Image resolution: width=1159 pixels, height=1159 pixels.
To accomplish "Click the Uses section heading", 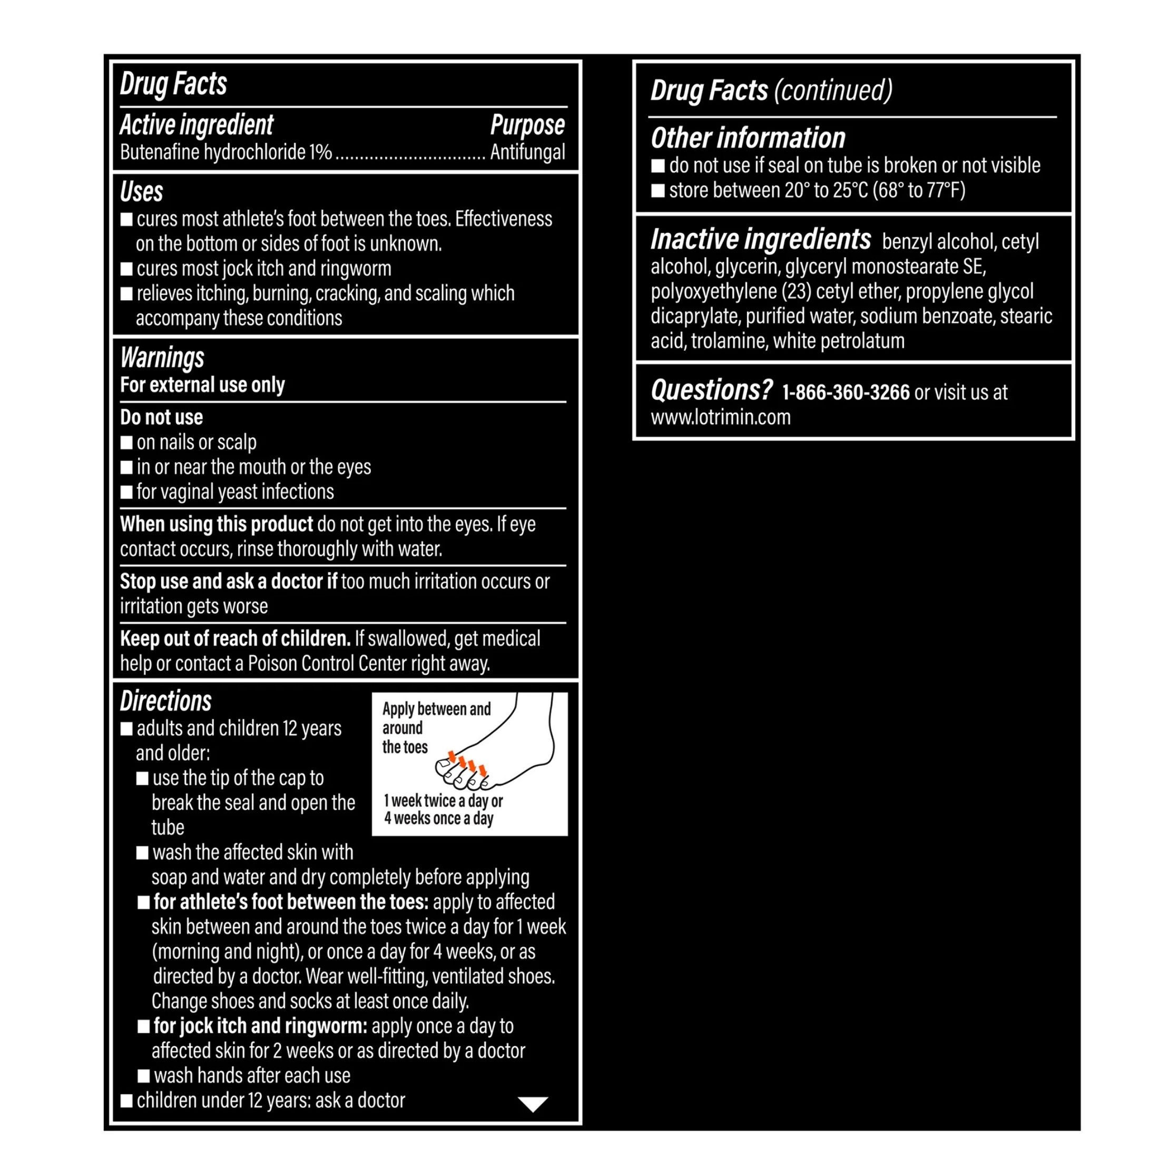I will (x=142, y=192).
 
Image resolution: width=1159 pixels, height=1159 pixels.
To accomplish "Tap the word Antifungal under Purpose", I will (x=527, y=152).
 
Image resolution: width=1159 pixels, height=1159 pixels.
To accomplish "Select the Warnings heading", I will (x=162, y=358).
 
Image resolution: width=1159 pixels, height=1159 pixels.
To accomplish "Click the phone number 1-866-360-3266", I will (x=846, y=392).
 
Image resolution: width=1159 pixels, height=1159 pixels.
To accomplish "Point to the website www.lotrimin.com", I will (x=721, y=417).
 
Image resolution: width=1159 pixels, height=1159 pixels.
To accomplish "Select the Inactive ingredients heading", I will (x=761, y=239).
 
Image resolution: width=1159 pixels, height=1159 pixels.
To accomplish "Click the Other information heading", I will (x=748, y=138).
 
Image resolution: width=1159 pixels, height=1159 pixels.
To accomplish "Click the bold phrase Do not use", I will (x=161, y=417).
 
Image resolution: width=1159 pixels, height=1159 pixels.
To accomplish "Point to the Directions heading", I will (x=165, y=701).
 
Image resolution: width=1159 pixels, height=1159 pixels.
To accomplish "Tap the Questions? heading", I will (x=712, y=390).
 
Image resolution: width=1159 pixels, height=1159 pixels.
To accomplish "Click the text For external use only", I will (x=202, y=385).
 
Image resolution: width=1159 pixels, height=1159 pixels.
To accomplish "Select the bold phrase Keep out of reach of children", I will (x=235, y=639).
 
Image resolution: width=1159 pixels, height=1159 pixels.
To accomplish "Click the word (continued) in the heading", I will (x=833, y=91).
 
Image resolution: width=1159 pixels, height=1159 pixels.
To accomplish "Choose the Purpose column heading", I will (x=527, y=125).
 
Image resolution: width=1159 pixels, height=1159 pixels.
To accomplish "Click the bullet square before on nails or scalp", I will (x=126, y=443).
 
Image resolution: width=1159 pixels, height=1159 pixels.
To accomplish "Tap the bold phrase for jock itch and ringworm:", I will (x=260, y=1026).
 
